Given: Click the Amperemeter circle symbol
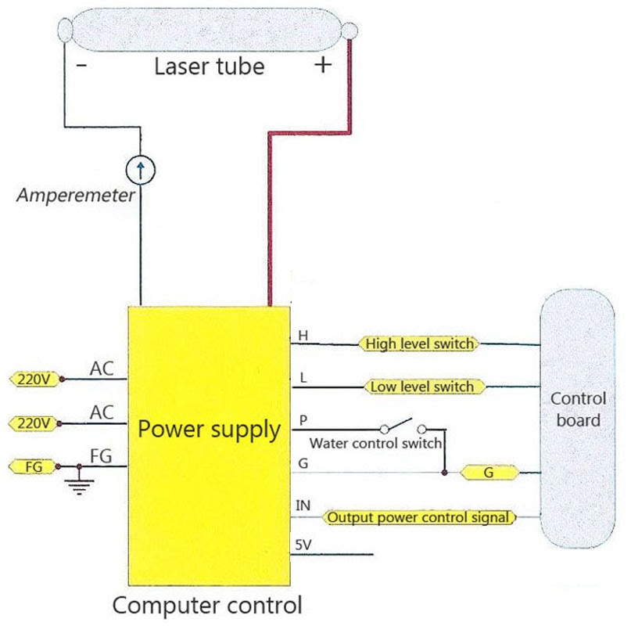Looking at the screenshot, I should pyautogui.click(x=141, y=167).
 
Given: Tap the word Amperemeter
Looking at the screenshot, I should pyautogui.click(x=77, y=196).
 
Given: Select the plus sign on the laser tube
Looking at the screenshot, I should pyautogui.click(x=322, y=66).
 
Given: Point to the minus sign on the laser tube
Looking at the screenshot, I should pyautogui.click(x=81, y=66).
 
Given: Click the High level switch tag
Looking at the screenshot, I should pyautogui.click(x=418, y=344).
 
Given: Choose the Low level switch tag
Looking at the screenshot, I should pyautogui.click(x=422, y=387).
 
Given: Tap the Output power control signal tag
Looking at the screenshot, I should pyautogui.click(x=420, y=517).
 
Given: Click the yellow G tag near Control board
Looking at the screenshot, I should pyautogui.click(x=488, y=473).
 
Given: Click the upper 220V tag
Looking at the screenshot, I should pyautogui.click(x=34, y=380).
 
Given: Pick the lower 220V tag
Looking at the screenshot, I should pyautogui.click(x=34, y=423).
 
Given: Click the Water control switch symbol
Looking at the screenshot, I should pyautogui.click(x=402, y=427).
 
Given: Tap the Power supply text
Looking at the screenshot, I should pyautogui.click(x=209, y=430).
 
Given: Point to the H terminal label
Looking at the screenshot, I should pyautogui.click(x=303, y=336).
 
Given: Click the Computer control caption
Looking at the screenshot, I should pyautogui.click(x=207, y=605).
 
